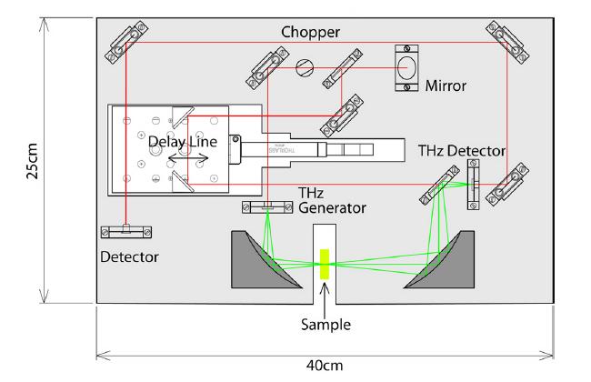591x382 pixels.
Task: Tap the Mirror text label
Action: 446,86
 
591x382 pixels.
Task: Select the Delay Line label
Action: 185,143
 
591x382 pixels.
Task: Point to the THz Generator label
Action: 332,201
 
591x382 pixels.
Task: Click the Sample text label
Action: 325,323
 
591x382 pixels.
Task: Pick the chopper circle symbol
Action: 306,66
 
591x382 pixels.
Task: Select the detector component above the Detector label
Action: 127,231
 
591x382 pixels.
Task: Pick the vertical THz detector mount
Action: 473,186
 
